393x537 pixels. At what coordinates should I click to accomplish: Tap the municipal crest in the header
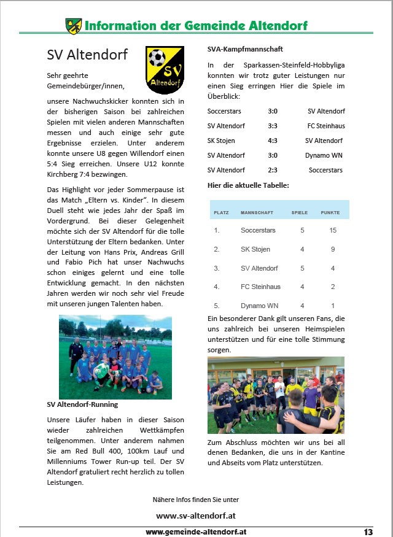[73, 26]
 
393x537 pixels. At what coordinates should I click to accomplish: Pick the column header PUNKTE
[330, 212]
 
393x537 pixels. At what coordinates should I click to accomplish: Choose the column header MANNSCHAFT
[257, 212]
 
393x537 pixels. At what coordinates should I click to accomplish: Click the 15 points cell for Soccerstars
[333, 230]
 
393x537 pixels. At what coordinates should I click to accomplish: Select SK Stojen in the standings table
[255, 249]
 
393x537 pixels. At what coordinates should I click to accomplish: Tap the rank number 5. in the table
[216, 306]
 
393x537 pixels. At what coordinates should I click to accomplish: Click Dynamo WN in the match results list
[325, 155]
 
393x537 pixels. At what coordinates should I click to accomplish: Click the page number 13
[368, 531]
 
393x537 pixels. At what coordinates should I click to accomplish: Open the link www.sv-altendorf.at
[196, 516]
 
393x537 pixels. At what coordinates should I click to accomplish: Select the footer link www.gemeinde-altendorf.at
[196, 531]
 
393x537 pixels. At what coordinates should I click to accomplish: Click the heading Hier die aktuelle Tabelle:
[247, 185]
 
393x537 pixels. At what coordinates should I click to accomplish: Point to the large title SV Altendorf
[87, 55]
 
